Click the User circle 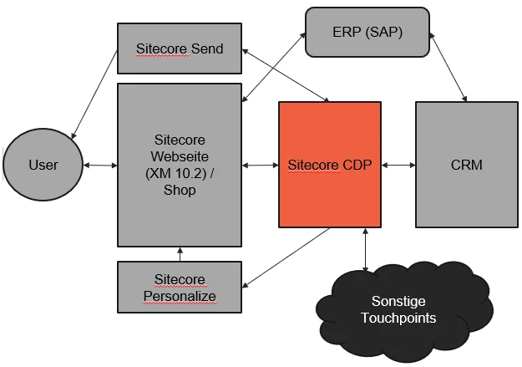tap(43, 165)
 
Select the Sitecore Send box tap(180, 48)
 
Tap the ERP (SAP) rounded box tap(366, 33)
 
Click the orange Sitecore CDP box tap(330, 165)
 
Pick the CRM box tap(465, 165)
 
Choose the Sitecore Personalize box tap(180, 287)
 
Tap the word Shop tap(180, 191)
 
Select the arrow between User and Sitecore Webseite tap(100, 166)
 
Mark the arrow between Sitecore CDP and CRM tap(398, 166)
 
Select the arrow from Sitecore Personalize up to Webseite tap(180, 254)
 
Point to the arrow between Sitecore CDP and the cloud tap(365, 248)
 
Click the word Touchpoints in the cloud tap(404, 318)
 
